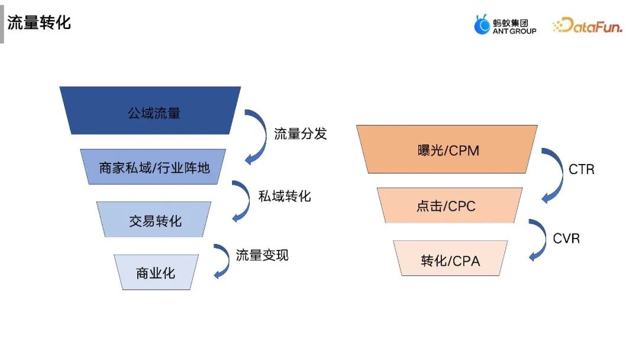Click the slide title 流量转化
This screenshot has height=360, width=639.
pyautogui.click(x=39, y=23)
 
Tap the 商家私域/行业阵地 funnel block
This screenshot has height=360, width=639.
pyautogui.click(x=154, y=168)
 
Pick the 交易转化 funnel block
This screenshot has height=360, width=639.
pyautogui.click(x=155, y=221)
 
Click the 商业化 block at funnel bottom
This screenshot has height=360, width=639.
pyautogui.click(x=156, y=273)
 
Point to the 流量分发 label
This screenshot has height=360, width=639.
pyautogui.click(x=300, y=133)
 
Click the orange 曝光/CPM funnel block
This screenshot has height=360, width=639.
pyautogui.click(x=448, y=150)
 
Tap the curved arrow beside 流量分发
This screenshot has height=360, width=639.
pyautogui.click(x=258, y=137)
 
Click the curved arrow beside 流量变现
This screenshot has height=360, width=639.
pyautogui.click(x=222, y=261)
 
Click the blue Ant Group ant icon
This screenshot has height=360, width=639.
pyautogui.click(x=482, y=25)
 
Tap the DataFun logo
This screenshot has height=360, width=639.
pyautogui.click(x=587, y=25)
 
